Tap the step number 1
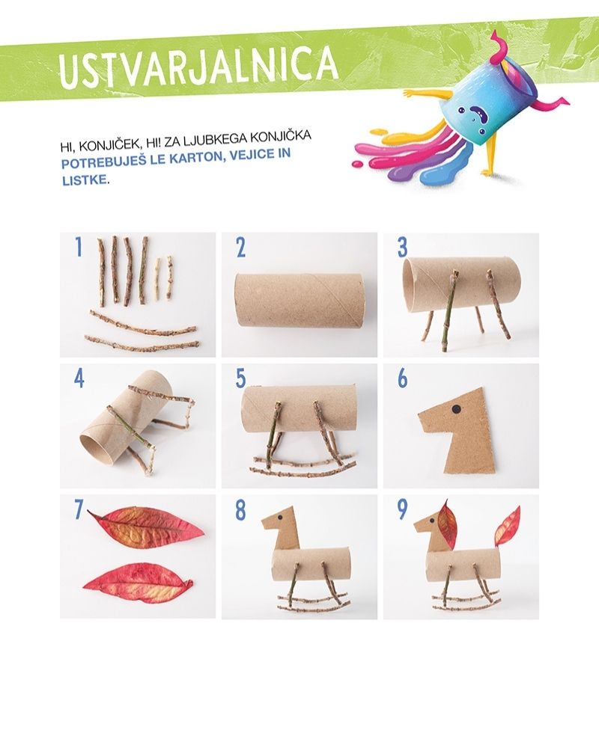tap(79, 247)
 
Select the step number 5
tap(241, 378)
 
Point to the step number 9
tap(402, 510)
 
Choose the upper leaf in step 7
tap(146, 525)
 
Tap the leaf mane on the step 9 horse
tap(447, 524)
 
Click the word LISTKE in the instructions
tap(85, 180)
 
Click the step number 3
tap(403, 248)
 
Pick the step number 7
tap(79, 510)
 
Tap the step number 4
tap(79, 378)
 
